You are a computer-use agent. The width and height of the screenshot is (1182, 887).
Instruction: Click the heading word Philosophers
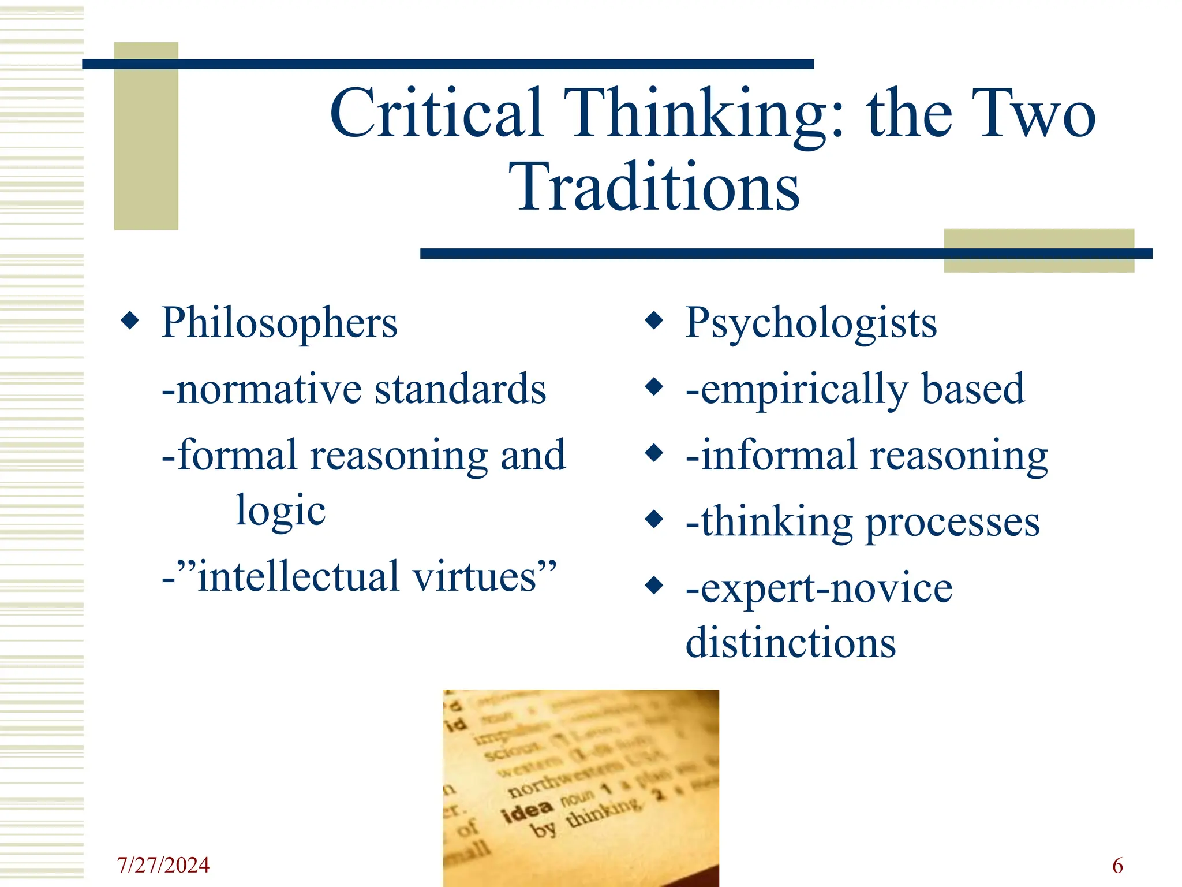tap(279, 322)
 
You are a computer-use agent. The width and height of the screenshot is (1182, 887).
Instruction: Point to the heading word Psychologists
tap(811, 322)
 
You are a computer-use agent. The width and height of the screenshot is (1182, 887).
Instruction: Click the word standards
tap(460, 389)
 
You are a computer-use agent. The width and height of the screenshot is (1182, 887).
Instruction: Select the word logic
tap(281, 510)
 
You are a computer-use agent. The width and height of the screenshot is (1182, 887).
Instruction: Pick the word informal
tap(778, 456)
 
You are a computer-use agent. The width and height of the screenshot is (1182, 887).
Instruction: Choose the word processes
tap(953, 522)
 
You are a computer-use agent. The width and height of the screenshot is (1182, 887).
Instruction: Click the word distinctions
tap(791, 643)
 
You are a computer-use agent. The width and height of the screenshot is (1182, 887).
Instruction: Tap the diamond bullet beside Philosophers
tap(130, 320)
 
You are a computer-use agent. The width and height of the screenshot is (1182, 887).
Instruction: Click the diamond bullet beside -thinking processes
tap(654, 519)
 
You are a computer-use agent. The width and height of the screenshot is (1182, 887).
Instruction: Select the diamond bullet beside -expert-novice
tap(654, 586)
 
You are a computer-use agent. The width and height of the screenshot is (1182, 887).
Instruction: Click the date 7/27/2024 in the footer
tap(163, 865)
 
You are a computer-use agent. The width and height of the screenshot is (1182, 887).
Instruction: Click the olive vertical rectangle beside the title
tap(146, 136)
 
